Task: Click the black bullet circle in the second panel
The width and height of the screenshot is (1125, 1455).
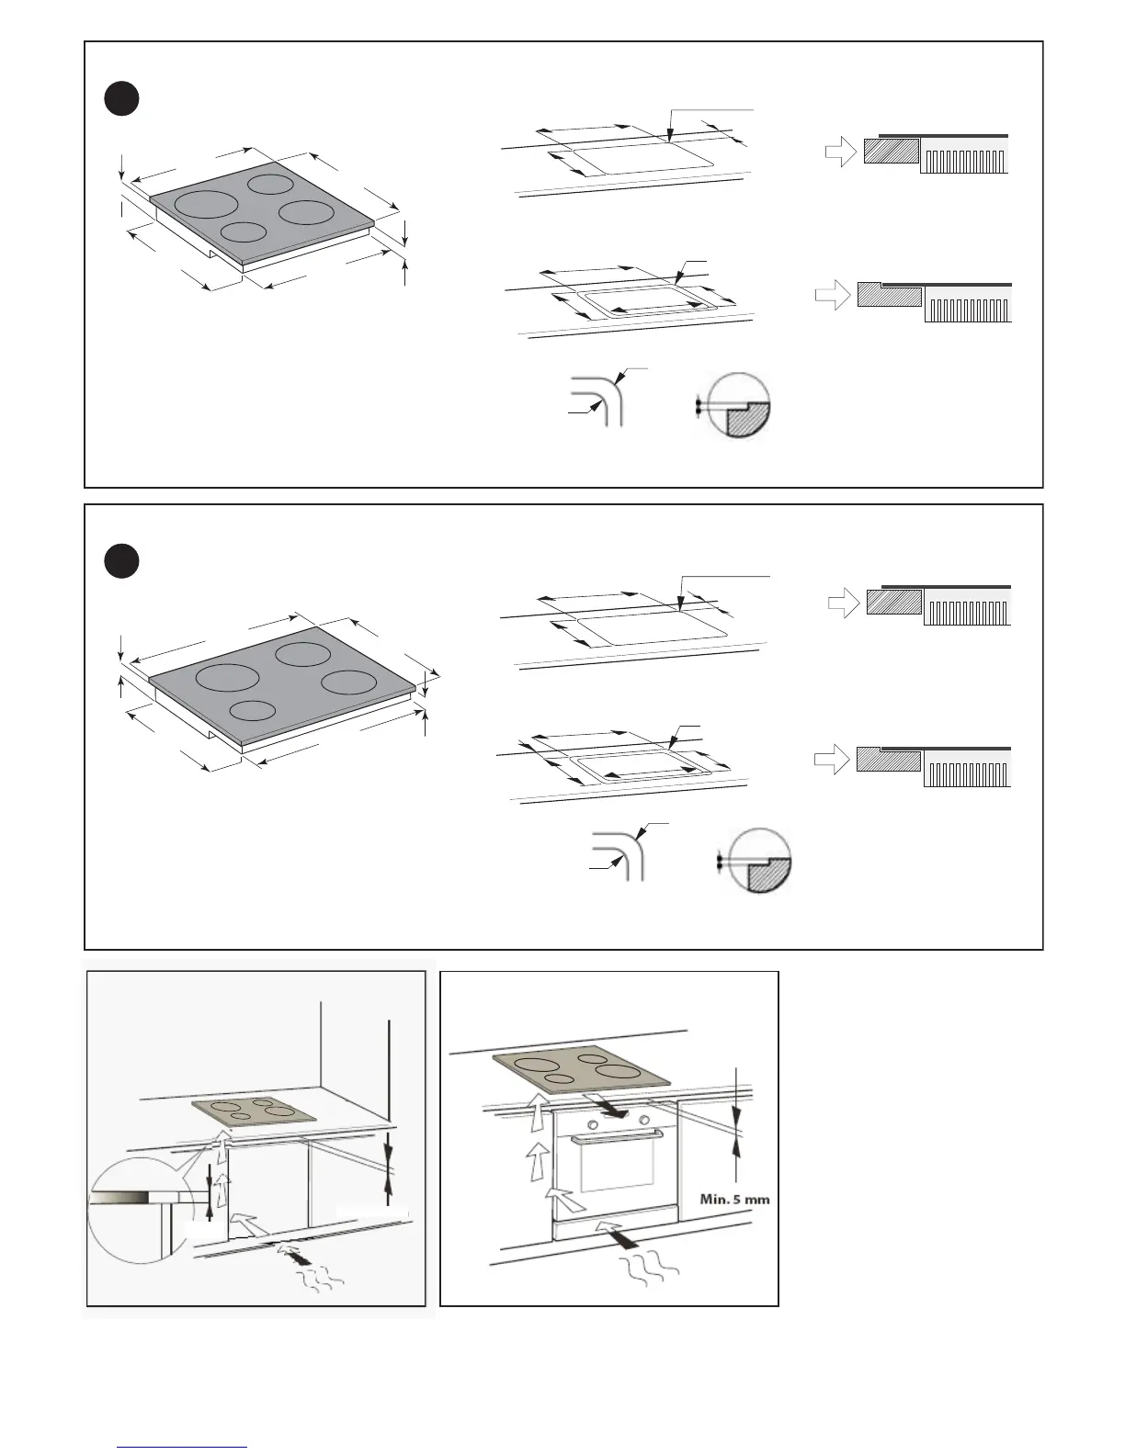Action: click(121, 561)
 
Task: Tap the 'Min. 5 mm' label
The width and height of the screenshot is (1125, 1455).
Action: click(734, 1199)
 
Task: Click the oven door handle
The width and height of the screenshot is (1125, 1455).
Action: click(617, 1138)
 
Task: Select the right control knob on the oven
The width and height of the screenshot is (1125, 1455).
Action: click(643, 1120)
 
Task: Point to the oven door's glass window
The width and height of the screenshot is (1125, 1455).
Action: click(616, 1175)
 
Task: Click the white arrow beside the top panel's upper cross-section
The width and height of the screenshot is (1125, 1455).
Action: click(840, 152)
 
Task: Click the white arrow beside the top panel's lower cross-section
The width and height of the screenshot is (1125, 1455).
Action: click(832, 296)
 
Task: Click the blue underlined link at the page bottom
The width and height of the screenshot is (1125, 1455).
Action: click(182, 1447)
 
